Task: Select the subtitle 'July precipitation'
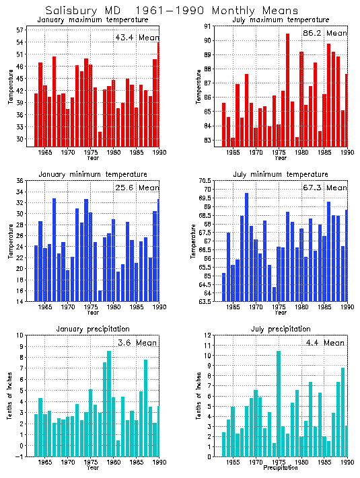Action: (277, 329)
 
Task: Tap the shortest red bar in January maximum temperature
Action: (100, 138)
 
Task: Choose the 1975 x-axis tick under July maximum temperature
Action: (279, 153)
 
